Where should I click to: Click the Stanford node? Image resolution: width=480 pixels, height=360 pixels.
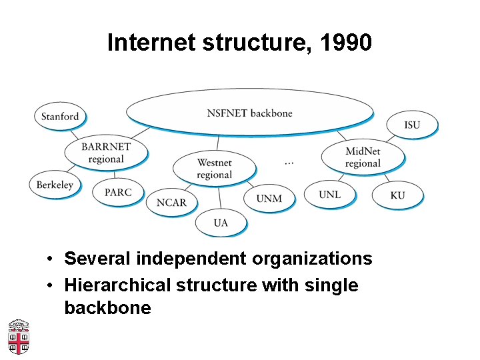[60, 116]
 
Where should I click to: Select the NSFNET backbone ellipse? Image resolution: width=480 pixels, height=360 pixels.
[249, 112]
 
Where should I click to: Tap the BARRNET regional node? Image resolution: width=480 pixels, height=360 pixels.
[106, 153]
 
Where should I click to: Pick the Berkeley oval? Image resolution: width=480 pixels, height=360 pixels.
[55, 185]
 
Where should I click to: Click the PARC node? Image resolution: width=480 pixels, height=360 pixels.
[118, 192]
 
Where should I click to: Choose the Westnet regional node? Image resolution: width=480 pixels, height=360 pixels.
[214, 169]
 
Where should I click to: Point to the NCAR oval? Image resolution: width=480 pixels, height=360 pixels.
[171, 202]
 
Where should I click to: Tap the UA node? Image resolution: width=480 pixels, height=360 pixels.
[221, 222]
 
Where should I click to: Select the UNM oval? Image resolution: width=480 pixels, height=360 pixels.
[269, 198]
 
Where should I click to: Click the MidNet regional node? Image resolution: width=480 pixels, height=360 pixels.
[363, 157]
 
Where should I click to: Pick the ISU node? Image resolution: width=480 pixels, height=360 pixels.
[412, 125]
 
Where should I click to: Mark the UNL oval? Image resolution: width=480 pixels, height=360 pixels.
[329, 194]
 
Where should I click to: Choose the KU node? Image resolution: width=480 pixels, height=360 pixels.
[397, 195]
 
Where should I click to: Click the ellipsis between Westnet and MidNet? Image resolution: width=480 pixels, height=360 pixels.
[289, 162]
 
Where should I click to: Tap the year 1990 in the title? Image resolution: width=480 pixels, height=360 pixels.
[345, 43]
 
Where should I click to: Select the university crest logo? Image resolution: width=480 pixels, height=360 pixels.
[19, 337]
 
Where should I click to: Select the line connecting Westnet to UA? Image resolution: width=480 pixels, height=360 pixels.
[219, 197]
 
